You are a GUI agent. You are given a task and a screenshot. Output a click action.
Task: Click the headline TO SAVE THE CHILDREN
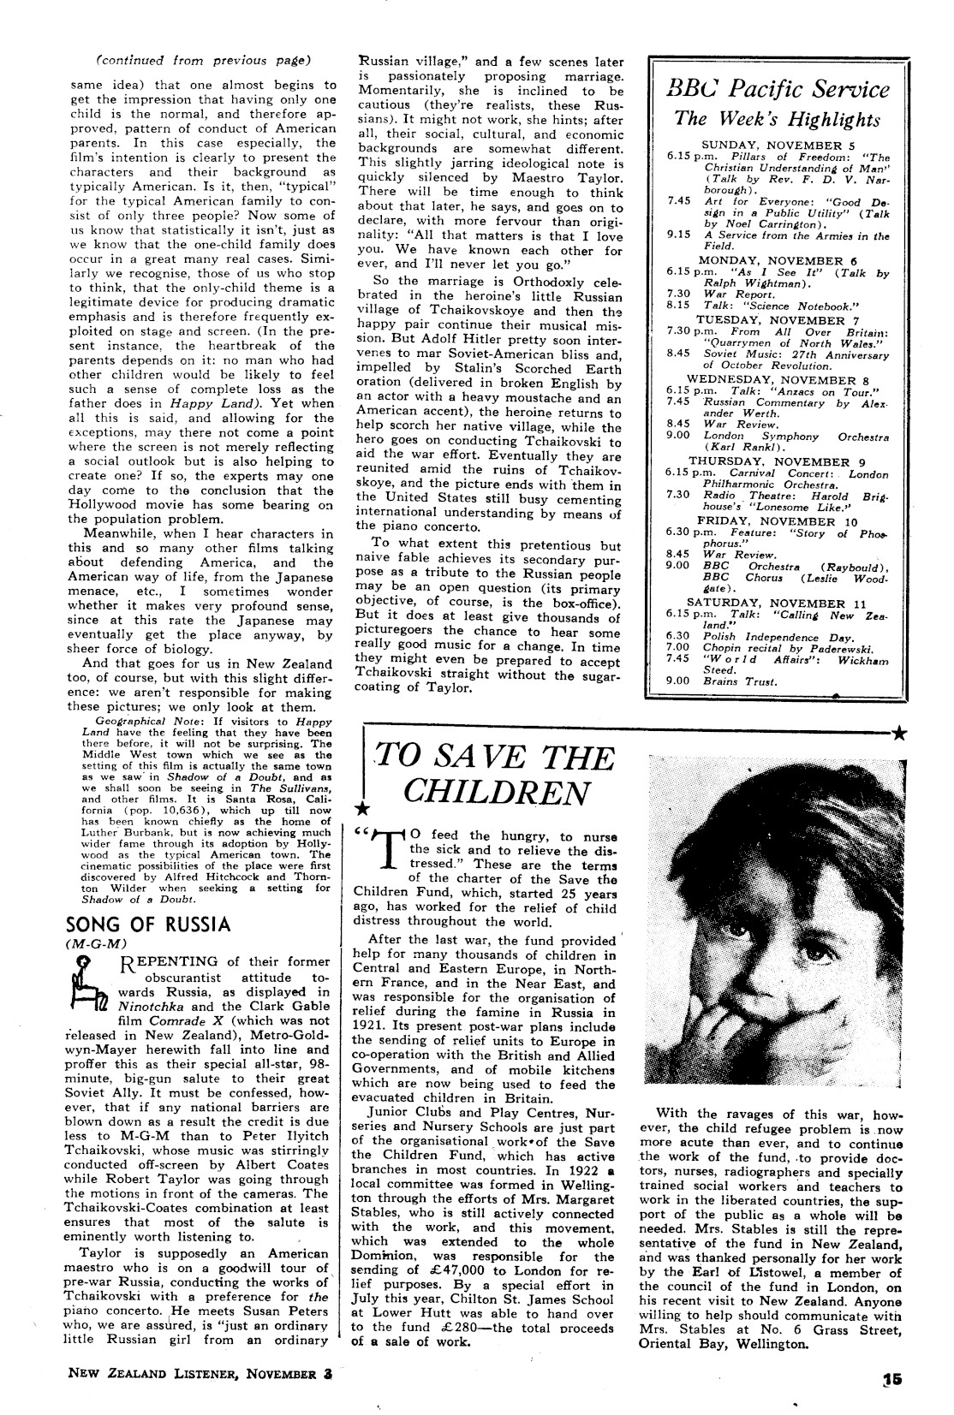pos(495,775)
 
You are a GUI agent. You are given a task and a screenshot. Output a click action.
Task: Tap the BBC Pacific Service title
pos(778,90)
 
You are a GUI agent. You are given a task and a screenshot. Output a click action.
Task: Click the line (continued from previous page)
pos(203,60)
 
